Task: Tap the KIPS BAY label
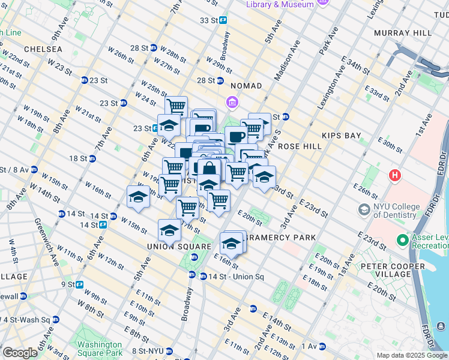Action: [x=341, y=136]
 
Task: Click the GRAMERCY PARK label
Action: [x=281, y=238]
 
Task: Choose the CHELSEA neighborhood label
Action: [x=43, y=49]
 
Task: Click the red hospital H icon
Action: [x=395, y=176]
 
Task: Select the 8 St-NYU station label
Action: [x=148, y=350]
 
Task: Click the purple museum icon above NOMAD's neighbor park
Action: [x=232, y=103]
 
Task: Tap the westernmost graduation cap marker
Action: [x=138, y=197]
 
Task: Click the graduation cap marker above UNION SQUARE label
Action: [x=169, y=230]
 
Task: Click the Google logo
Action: [x=19, y=353]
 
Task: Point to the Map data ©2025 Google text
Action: [x=411, y=355]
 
